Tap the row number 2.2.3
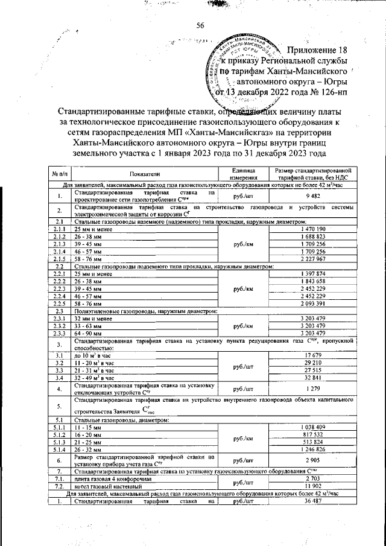(59, 288)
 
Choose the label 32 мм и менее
(93, 318)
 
